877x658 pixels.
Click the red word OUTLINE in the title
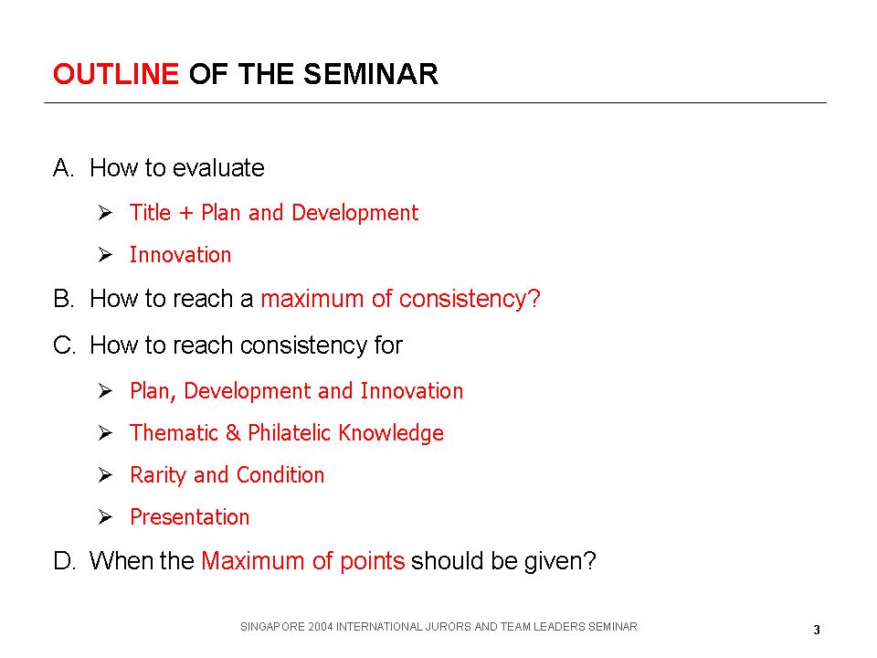[x=116, y=74]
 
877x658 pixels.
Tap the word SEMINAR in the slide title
[x=371, y=74]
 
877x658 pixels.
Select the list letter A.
[x=63, y=168]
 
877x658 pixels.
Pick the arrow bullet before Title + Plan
[x=105, y=213]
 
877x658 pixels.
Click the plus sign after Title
[x=185, y=213]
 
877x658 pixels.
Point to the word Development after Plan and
[x=354, y=213]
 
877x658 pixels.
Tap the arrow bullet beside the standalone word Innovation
[x=105, y=255]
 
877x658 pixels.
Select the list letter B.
[x=63, y=299]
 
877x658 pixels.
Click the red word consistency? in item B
[x=470, y=299]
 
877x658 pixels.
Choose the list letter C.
[x=64, y=345]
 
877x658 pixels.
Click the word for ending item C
[x=388, y=345]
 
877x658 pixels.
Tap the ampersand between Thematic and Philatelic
[x=233, y=433]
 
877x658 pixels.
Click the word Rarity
[x=158, y=475]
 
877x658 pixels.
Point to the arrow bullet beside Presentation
[x=105, y=517]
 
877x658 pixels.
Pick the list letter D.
[x=64, y=560]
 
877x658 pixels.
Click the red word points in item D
[x=372, y=561]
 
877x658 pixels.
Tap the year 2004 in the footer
[x=320, y=627]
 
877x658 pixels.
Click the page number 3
[x=817, y=630]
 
